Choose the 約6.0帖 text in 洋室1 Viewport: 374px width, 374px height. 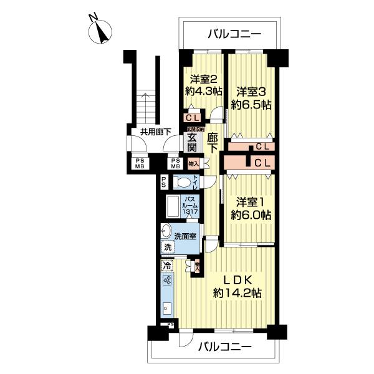pyautogui.click(x=251, y=215)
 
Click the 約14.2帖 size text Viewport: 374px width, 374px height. pyautogui.click(x=237, y=292)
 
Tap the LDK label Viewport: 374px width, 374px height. pyautogui.click(x=237, y=277)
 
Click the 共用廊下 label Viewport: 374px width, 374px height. pyautogui.click(x=155, y=132)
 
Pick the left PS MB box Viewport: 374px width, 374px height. pyautogui.click(x=137, y=163)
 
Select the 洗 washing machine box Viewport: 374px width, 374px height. pyautogui.click(x=167, y=247)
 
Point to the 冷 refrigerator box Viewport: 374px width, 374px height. pyautogui.click(x=167, y=266)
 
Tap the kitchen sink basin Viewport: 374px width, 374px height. pyautogui.click(x=166, y=308)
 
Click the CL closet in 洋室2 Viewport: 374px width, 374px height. pyautogui.click(x=192, y=117)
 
